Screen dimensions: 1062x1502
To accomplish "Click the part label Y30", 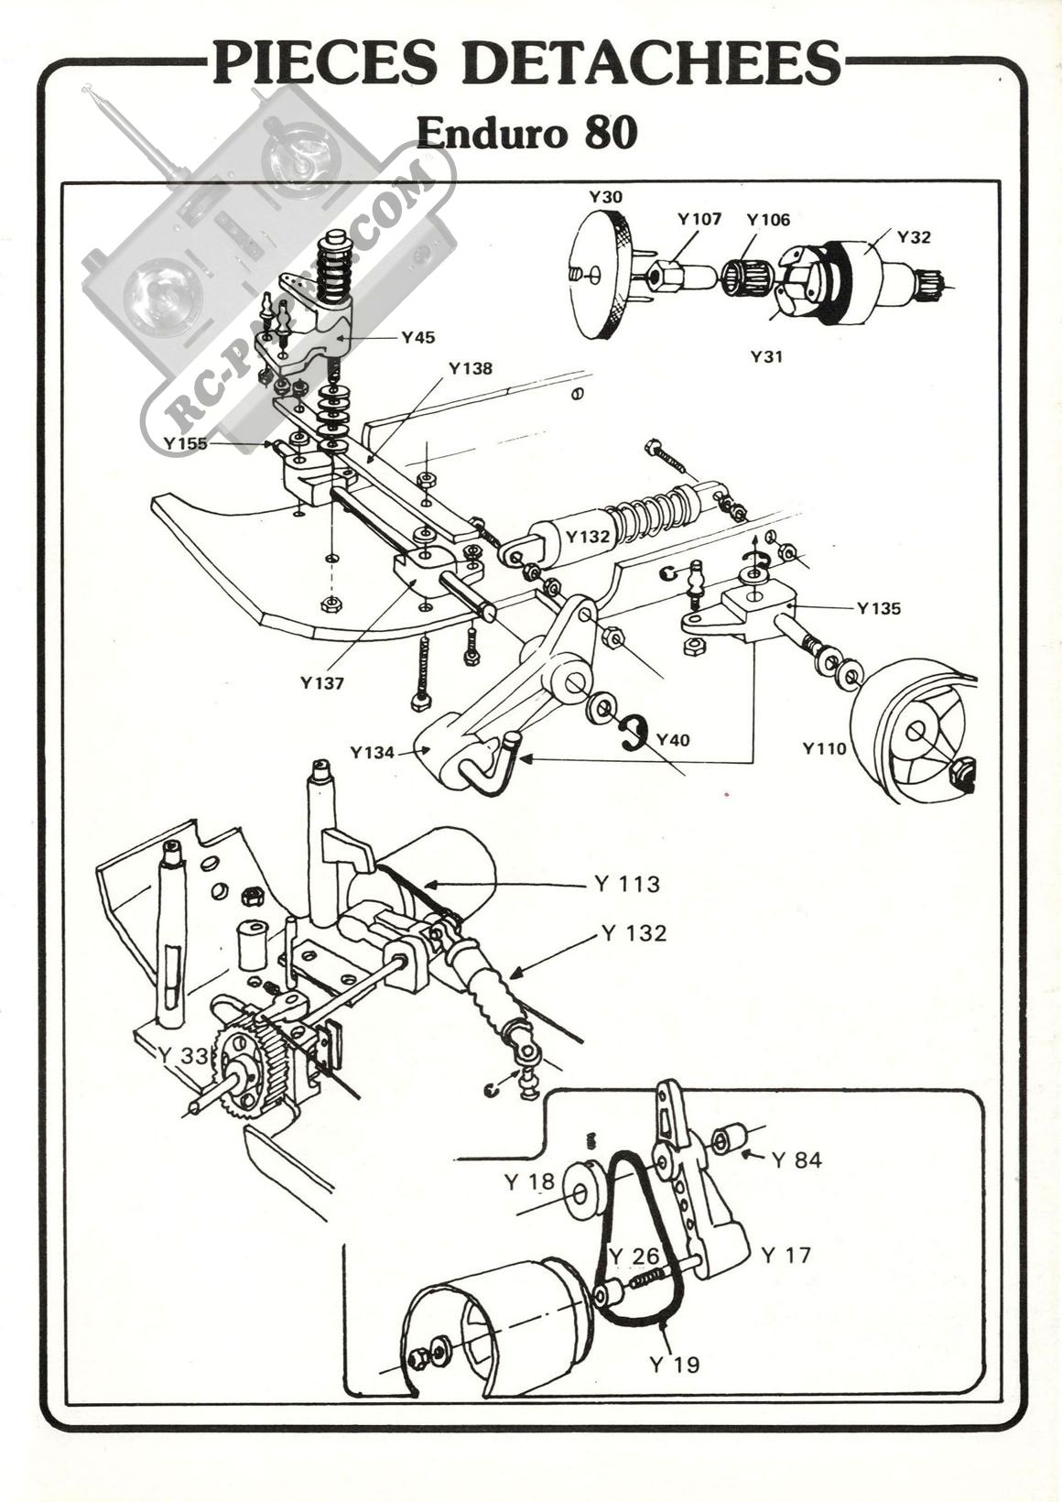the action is coord(605,197).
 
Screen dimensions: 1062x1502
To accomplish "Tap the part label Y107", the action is coord(699,219).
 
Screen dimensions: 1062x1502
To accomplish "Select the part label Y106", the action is coord(768,219).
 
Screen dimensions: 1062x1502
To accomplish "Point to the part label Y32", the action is coord(914,236).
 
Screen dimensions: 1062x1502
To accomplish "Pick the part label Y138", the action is coord(471,368).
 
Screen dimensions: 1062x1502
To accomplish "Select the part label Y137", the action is coord(322,683).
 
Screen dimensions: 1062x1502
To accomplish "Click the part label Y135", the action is coord(879,609).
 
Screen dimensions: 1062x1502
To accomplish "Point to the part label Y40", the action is coord(673,740).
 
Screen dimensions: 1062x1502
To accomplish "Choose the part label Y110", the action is coord(825,748).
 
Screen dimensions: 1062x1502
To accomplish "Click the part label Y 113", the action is coord(627,885).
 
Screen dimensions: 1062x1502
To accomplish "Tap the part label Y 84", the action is coord(796,1160).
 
